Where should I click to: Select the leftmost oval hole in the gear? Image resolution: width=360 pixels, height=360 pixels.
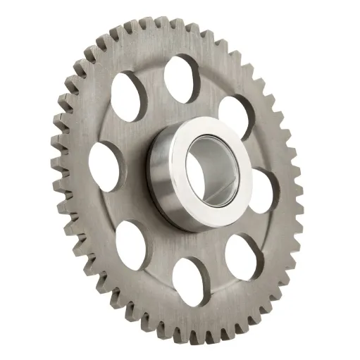(x=105, y=161)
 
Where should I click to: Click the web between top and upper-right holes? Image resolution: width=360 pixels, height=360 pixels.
(x=209, y=87)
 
